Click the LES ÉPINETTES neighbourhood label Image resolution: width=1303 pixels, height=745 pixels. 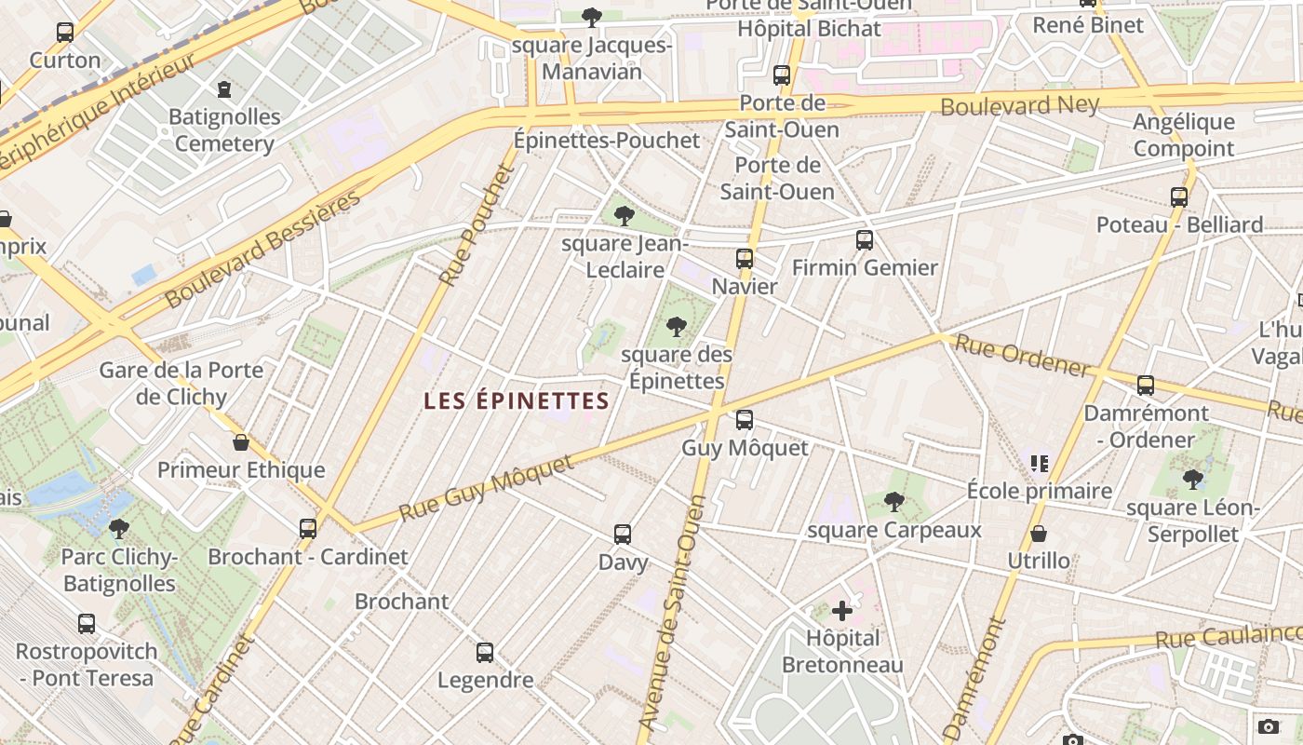coord(517,401)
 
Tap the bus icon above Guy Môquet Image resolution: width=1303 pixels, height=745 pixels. coord(745,420)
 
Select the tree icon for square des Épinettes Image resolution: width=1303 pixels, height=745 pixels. coord(677,327)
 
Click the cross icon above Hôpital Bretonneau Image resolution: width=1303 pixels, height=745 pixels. coord(842,611)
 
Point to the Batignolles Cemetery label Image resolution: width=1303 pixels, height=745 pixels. coord(224,130)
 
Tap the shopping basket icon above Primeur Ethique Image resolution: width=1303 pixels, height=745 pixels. coord(241,442)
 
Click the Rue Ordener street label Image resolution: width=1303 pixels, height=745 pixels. coord(1023,357)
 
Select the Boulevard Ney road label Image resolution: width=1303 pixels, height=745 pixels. coord(1019,105)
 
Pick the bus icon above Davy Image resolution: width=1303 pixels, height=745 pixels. coord(623,535)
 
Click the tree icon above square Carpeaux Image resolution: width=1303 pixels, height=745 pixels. coord(893,503)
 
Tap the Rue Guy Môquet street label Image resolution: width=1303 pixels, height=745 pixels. coord(487,487)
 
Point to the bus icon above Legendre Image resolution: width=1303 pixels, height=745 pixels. coord(485,653)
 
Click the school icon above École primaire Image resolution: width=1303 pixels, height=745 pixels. coord(1040,463)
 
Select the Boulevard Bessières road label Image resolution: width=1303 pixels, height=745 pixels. coord(262,250)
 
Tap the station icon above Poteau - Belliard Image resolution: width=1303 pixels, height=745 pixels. coord(1179,197)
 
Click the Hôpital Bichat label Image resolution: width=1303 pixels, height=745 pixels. coord(809,29)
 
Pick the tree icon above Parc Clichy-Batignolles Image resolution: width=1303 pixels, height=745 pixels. coord(118,530)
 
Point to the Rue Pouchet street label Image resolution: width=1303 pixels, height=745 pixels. coord(477,225)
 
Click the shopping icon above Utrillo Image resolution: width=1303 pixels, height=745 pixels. coord(1039,534)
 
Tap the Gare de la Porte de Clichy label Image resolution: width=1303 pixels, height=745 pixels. coord(181,383)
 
